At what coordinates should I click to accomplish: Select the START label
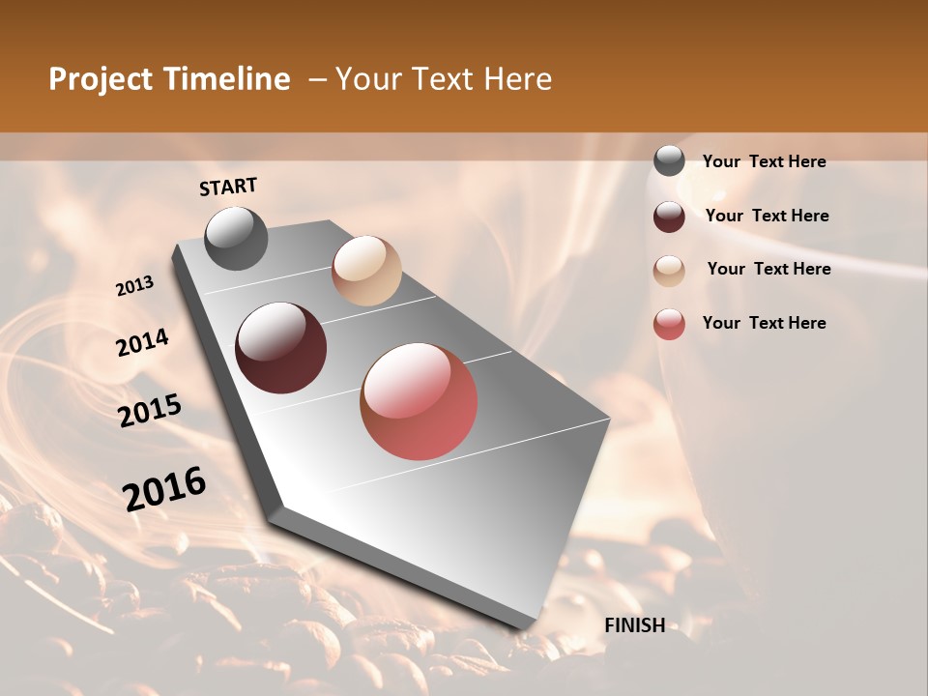tap(228, 187)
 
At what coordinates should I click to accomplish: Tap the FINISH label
tap(634, 625)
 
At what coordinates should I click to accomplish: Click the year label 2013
tap(134, 286)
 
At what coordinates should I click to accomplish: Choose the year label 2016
tap(164, 489)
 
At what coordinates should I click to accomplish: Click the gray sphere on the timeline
tap(236, 238)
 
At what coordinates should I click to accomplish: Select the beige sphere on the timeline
tap(366, 271)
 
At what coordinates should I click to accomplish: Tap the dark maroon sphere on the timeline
tap(281, 348)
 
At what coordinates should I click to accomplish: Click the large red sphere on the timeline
tap(419, 401)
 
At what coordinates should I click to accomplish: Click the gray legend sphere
tap(669, 161)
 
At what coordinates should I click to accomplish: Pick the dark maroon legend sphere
tap(669, 216)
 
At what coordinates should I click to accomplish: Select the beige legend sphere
tap(669, 270)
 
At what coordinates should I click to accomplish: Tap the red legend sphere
tap(669, 324)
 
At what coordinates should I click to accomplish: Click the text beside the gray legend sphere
tap(764, 162)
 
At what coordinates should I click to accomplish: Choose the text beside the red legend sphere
tap(764, 323)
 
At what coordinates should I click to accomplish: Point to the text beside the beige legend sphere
tap(768, 269)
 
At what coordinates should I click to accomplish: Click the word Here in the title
tap(514, 79)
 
